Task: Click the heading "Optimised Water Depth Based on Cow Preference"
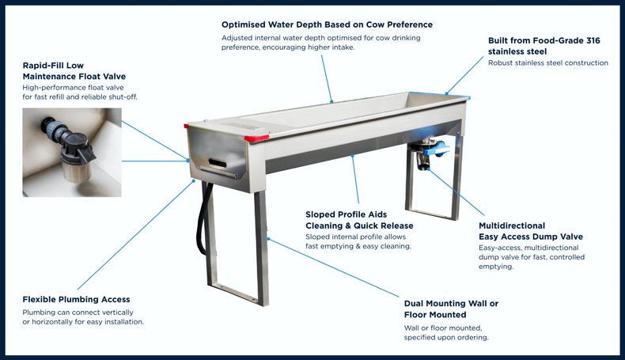[327, 25]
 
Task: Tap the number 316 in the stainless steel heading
[593, 40]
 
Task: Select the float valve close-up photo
[72, 152]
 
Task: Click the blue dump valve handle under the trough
[437, 150]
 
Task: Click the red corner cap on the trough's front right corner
[256, 138]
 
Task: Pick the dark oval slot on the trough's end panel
[218, 163]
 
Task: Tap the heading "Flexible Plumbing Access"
[76, 299]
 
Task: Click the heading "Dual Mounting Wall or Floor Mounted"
[451, 309]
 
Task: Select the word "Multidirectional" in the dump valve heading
[512, 225]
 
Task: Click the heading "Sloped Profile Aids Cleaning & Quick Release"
[359, 220]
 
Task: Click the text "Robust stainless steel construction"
[548, 63]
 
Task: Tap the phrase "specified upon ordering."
[446, 338]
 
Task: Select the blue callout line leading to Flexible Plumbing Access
[135, 235]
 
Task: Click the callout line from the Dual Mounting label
[333, 268]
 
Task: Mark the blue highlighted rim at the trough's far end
[457, 96]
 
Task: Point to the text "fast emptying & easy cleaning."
[358, 246]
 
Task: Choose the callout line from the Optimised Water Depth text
[327, 79]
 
